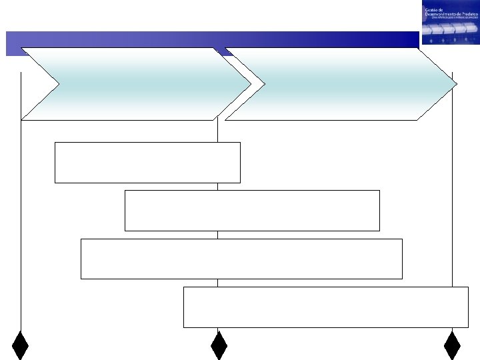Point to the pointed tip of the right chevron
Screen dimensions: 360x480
[x=457, y=84]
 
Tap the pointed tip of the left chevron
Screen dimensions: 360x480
[x=250, y=84]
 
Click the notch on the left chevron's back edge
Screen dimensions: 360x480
[x=59, y=84]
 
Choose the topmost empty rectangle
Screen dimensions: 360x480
[x=147, y=162]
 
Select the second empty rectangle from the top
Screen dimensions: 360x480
[x=252, y=210]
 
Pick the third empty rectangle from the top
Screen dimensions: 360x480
[x=241, y=259]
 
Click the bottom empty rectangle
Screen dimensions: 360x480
[x=325, y=307]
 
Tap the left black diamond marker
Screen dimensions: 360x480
[x=21, y=345]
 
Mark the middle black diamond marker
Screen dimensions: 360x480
[x=219, y=345]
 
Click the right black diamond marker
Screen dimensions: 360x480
[x=453, y=345]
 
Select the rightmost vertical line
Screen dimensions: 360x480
[x=453, y=200]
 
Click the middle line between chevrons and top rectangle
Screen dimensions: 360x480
[x=217, y=131]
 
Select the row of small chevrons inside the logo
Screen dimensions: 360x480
[x=450, y=29]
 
